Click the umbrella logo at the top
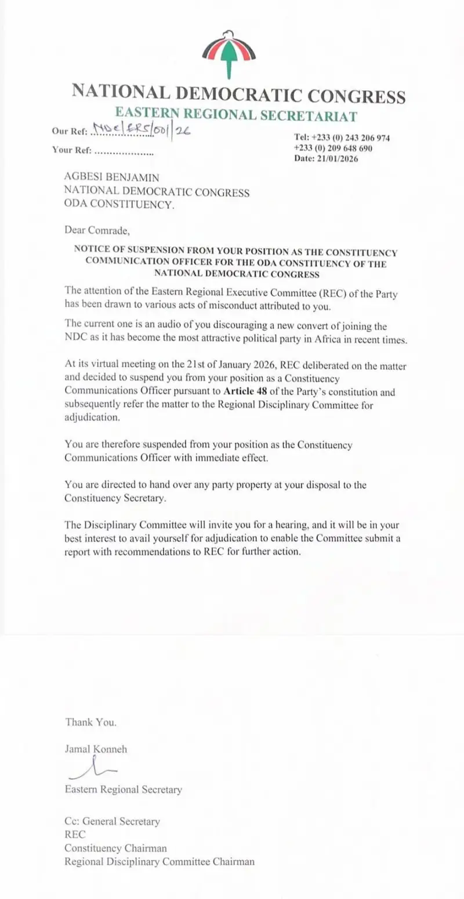tap(229, 53)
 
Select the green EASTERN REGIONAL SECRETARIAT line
tap(235, 114)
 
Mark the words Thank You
tap(90, 722)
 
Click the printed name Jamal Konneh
tap(96, 749)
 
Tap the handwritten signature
tap(93, 771)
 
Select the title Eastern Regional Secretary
tap(123, 789)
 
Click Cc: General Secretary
tap(112, 821)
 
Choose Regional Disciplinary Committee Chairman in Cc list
tap(159, 861)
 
